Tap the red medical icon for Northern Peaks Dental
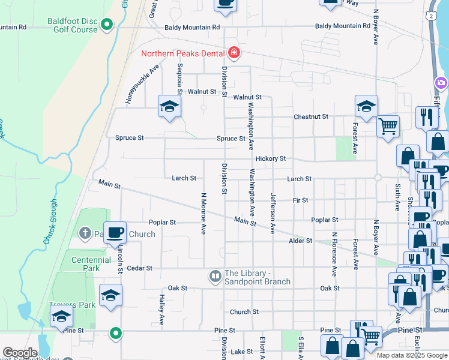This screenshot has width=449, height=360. pyautogui.click(x=234, y=53)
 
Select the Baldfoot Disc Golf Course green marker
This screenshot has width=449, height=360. pyautogui.click(x=107, y=25)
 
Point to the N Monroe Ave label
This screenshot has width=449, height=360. pyautogui.click(x=203, y=213)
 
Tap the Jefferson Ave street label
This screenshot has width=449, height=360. pyautogui.click(x=273, y=213)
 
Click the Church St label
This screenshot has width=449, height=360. pyautogui.click(x=244, y=312)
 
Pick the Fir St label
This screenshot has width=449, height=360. pyautogui.click(x=300, y=200)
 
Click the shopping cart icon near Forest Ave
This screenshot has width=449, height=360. pyautogui.click(x=388, y=127)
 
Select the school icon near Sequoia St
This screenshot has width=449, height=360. pyautogui.click(x=169, y=107)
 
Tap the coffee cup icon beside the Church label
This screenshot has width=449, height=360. pyautogui.click(x=115, y=232)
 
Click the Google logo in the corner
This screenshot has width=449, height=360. pyautogui.click(x=20, y=353)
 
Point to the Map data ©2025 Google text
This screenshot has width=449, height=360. pyautogui.click(x=412, y=356)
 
